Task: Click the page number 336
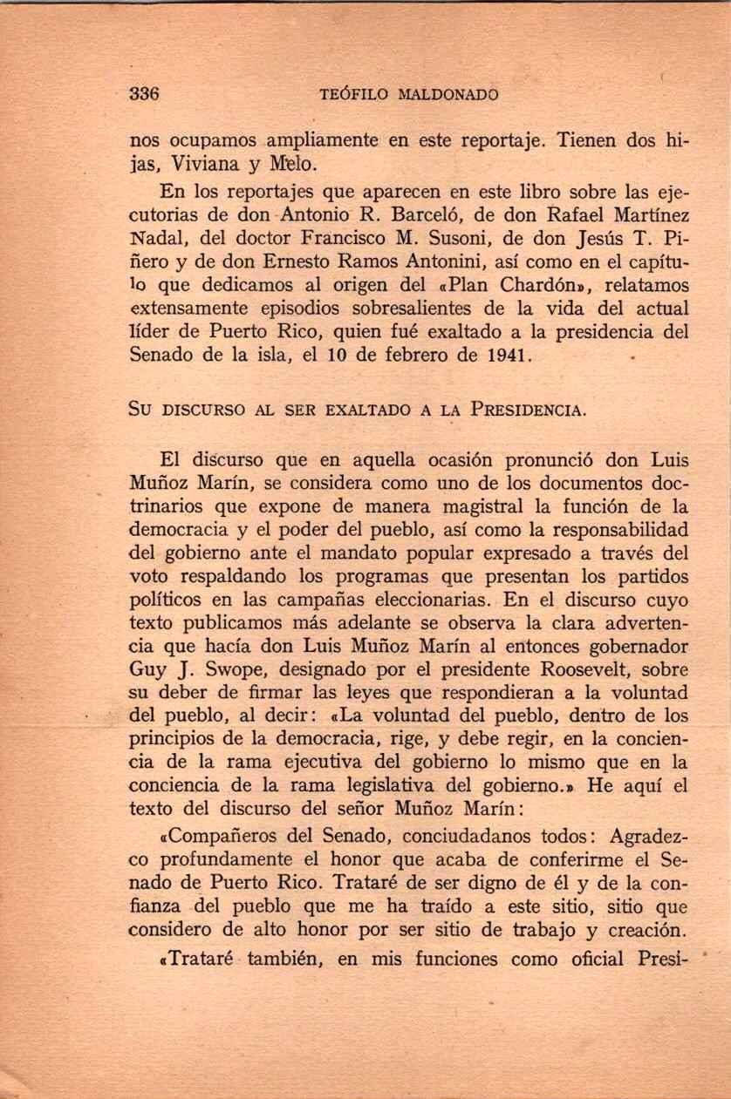tap(143, 94)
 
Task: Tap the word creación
tap(642, 930)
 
